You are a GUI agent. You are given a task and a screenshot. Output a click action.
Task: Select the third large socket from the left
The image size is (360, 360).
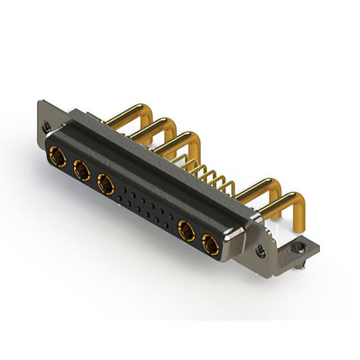pos(105,182)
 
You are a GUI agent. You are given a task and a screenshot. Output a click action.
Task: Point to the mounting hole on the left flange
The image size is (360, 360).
pos(47,127)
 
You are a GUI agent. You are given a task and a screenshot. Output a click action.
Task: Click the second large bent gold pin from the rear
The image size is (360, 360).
pos(152,126)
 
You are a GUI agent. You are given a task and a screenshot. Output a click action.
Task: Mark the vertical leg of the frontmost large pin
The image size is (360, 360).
pos(299,211)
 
